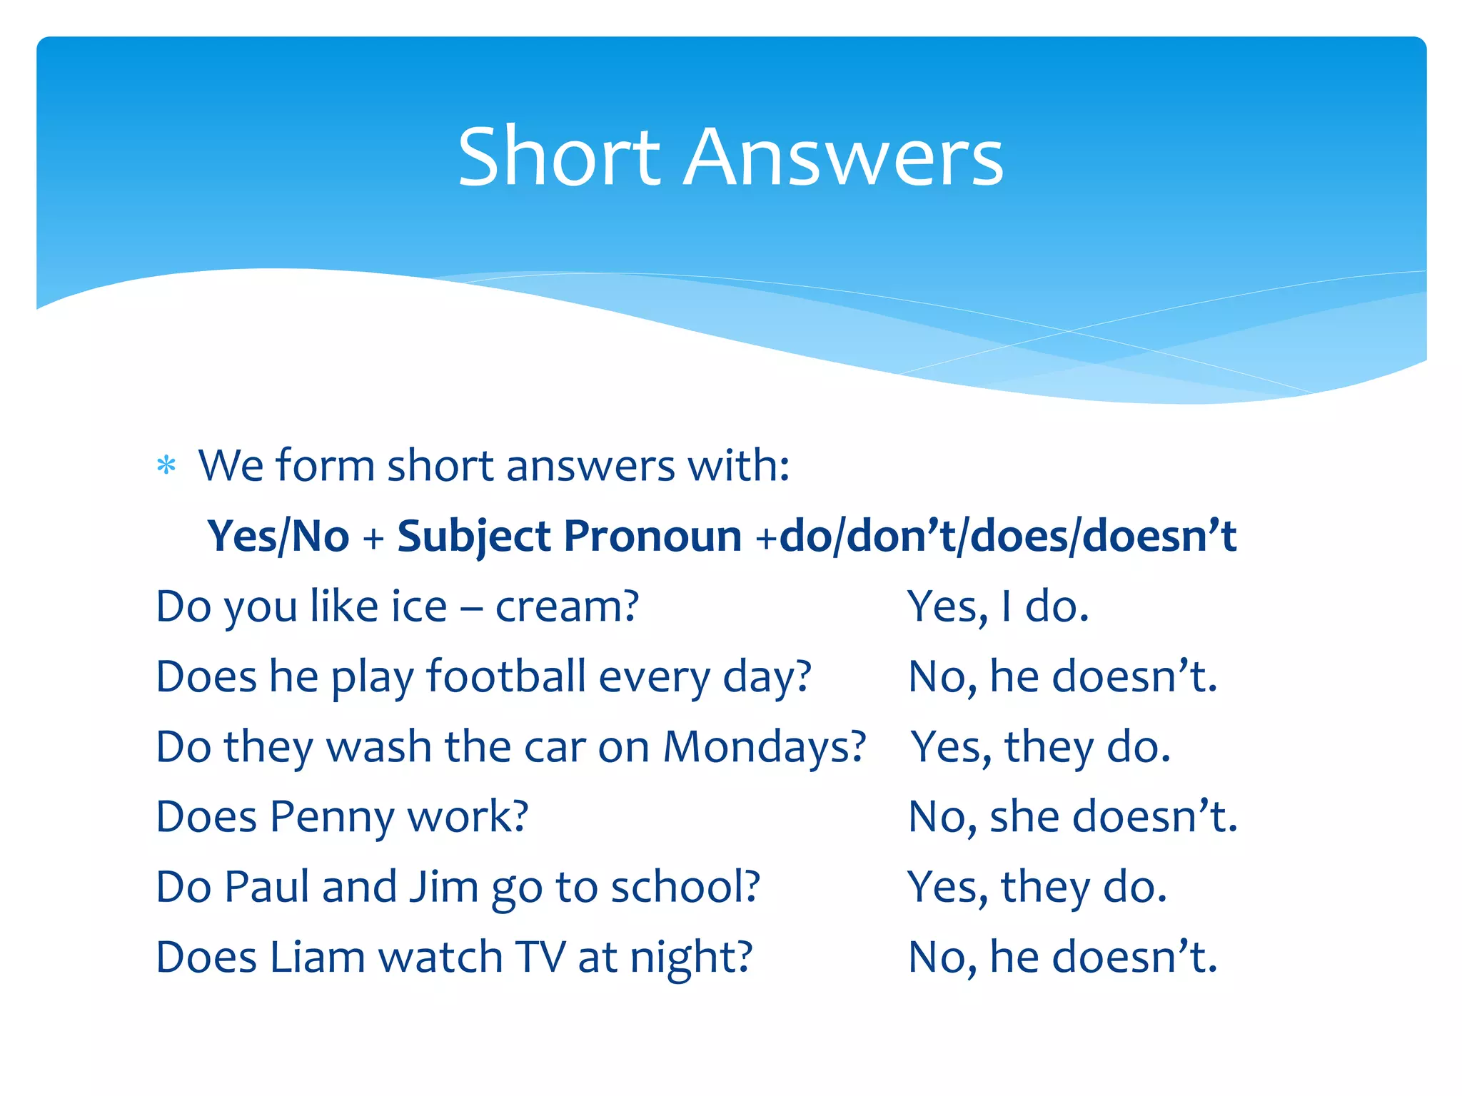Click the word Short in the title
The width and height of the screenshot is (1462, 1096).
pos(559,156)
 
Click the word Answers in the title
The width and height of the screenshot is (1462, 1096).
pos(844,156)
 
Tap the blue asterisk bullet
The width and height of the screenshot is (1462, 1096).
pos(166,466)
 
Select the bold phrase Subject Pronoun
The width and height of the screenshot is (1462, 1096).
pos(569,536)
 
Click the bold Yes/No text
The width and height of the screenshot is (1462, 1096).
pos(278,536)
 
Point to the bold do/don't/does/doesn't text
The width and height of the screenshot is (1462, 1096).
pos(1007,536)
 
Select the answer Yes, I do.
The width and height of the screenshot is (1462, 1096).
pos(997,607)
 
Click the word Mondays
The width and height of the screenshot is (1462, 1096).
pos(764,747)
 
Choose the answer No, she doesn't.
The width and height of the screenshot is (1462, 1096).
pos(1072,817)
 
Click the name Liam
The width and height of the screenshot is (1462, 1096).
pos(318,957)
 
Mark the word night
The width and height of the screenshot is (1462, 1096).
pos(690,957)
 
